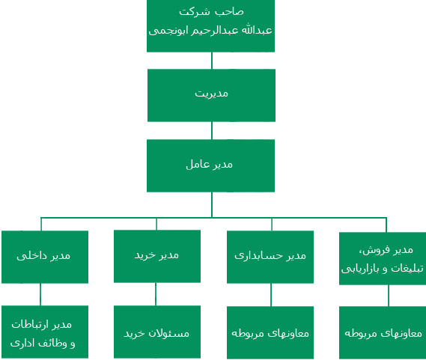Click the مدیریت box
click(211, 95)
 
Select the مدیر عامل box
click(210, 165)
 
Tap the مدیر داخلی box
click(45, 257)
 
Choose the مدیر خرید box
click(157, 256)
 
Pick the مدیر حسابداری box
click(270, 257)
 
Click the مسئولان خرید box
click(157, 332)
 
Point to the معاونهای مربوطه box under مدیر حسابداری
click(270, 332)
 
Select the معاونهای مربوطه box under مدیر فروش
click(383, 332)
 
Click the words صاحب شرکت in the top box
click(211, 12)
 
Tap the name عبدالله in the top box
click(257, 30)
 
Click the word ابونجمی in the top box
click(162, 31)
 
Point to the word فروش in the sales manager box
click(379, 250)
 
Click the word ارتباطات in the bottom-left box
click(30, 324)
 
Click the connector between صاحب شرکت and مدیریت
click(212, 61)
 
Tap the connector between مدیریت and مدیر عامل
click(212, 131)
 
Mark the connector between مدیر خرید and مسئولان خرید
click(156, 294)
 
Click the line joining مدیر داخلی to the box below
click(40, 295)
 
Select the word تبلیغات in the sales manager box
click(407, 269)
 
